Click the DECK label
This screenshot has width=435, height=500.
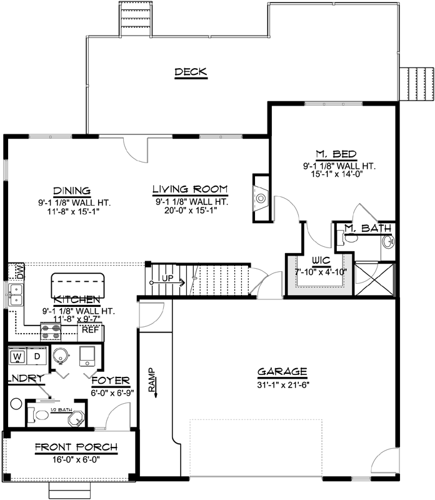tap(191, 72)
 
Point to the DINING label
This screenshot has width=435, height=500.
tap(72, 191)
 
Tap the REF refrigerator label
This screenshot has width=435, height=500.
tap(89, 330)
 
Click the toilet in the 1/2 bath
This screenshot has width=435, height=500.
tap(40, 415)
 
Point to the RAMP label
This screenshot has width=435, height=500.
tap(151, 378)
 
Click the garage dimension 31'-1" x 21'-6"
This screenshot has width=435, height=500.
tap(282, 382)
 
